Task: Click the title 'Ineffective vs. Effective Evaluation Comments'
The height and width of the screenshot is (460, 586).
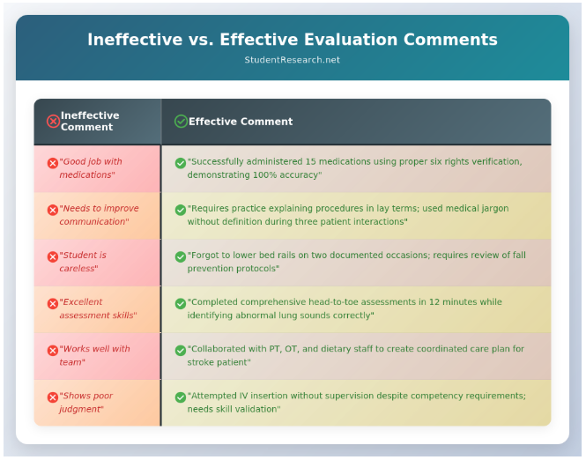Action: (292, 40)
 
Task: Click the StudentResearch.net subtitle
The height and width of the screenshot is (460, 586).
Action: (292, 60)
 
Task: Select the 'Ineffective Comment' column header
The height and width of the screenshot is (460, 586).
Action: (90, 122)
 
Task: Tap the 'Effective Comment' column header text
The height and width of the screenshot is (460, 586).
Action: (241, 122)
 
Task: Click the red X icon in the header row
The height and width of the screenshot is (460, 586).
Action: (53, 122)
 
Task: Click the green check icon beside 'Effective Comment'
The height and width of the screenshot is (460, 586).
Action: (181, 122)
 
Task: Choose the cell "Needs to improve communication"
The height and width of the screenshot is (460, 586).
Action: (98, 215)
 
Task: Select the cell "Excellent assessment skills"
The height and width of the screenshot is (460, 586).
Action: (97, 308)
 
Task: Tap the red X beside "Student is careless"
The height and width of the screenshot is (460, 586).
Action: (53, 256)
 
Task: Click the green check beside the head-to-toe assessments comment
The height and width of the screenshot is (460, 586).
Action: (181, 303)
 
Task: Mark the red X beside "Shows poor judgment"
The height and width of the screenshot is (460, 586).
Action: (53, 397)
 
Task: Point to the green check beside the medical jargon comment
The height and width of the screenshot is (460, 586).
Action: (181, 210)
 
